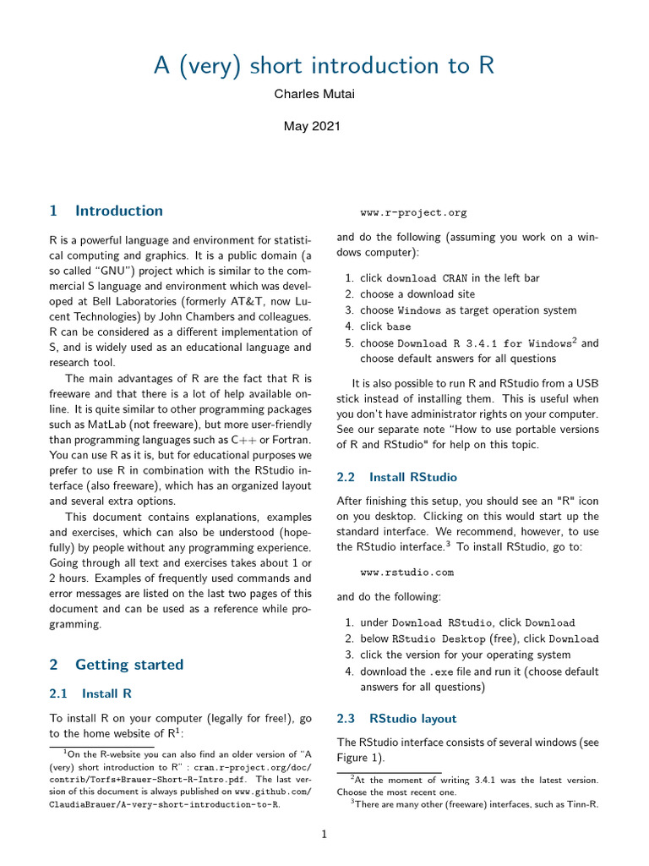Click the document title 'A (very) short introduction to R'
[x=324, y=66]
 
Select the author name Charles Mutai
[x=314, y=94]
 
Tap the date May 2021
[x=312, y=126]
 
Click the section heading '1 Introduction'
[x=106, y=211]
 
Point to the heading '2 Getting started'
[x=117, y=665]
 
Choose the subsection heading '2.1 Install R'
[x=90, y=693]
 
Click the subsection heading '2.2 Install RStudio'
[x=397, y=477]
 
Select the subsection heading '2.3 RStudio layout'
[x=396, y=719]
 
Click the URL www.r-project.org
[x=413, y=213]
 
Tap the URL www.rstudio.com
[x=406, y=573]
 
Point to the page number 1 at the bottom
[x=324, y=834]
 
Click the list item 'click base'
[x=386, y=326]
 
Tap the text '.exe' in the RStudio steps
[x=443, y=671]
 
